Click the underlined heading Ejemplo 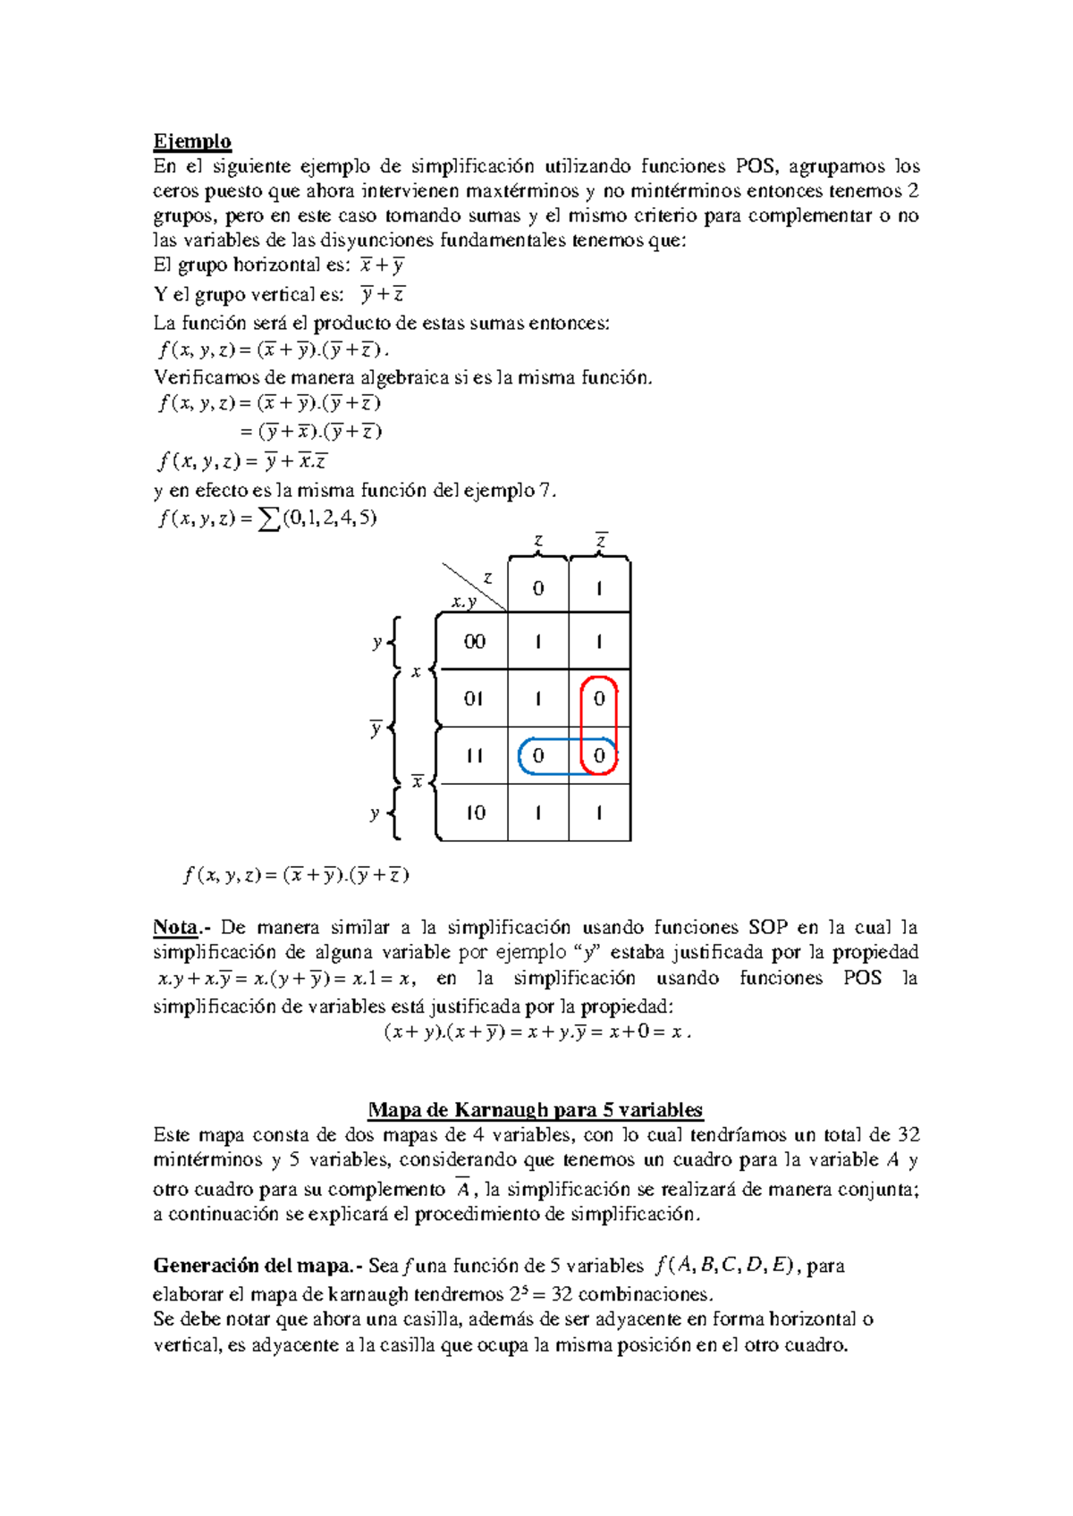pyautogui.click(x=192, y=141)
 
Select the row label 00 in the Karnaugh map pyautogui.click(x=474, y=642)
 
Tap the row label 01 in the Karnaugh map pyautogui.click(x=474, y=699)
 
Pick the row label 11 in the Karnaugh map pyautogui.click(x=474, y=756)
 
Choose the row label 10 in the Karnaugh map pyautogui.click(x=475, y=813)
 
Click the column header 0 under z pyautogui.click(x=537, y=588)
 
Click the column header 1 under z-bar pyautogui.click(x=599, y=588)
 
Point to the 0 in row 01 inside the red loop pyautogui.click(x=599, y=699)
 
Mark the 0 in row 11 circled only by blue pyautogui.click(x=537, y=756)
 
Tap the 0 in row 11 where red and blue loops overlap pyautogui.click(x=599, y=756)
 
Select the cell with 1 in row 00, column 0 pyautogui.click(x=537, y=642)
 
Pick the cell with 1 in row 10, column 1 pyautogui.click(x=599, y=813)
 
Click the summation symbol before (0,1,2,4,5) pyautogui.click(x=267, y=518)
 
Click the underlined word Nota pyautogui.click(x=174, y=927)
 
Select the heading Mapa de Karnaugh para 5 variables pyautogui.click(x=536, y=1110)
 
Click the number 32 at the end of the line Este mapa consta pyautogui.click(x=908, y=1135)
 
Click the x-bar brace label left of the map pyautogui.click(x=417, y=782)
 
